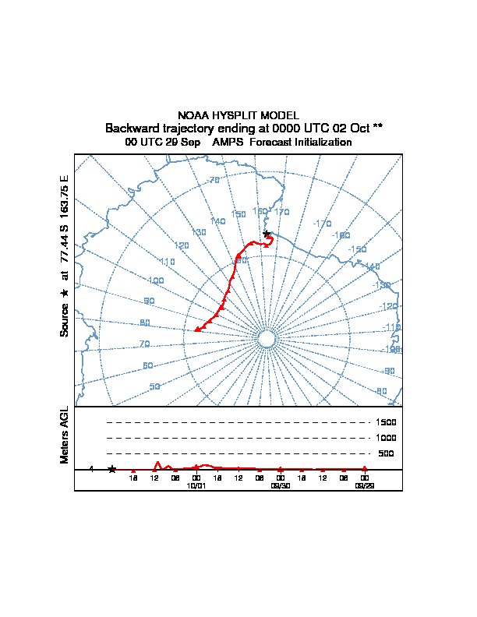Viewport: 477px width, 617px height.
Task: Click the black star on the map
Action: [x=267, y=234]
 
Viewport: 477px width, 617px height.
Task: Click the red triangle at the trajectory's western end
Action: [x=197, y=330]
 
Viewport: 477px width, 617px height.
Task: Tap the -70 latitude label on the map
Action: [x=214, y=181]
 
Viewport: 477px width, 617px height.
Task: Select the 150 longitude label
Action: [x=238, y=213]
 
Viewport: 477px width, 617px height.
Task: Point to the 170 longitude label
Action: [x=282, y=212]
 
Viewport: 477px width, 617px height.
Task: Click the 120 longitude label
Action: [x=182, y=246]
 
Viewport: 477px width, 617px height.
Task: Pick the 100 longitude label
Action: [x=155, y=280]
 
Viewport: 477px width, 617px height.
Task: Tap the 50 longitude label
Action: [x=155, y=386]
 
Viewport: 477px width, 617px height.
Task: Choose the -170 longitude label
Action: [x=322, y=224]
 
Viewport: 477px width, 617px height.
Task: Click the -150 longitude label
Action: [x=357, y=249]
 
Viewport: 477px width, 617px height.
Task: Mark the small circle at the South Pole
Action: [x=266, y=340]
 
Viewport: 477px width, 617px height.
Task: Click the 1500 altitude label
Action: [x=387, y=422]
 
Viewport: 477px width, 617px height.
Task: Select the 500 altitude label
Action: [x=386, y=453]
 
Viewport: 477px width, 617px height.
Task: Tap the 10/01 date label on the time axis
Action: [x=196, y=484]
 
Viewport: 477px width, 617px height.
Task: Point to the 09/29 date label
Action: [x=365, y=484]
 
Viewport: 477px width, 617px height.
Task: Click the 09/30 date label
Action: [x=280, y=484]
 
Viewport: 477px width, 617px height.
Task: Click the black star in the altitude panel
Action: [x=112, y=469]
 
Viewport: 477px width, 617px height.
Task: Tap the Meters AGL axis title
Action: [x=65, y=435]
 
